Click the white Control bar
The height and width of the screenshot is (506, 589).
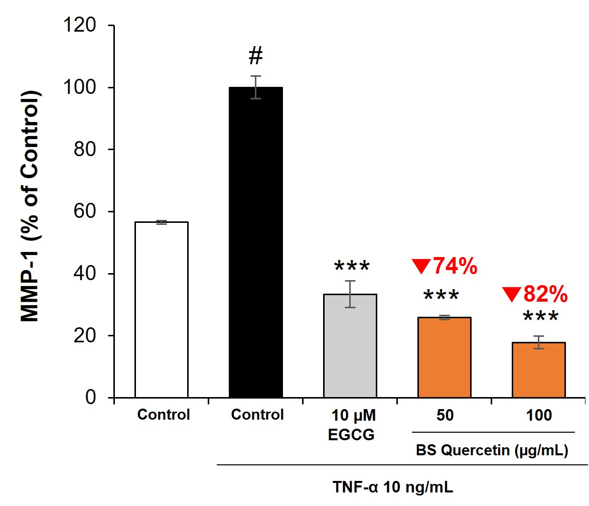point(161,309)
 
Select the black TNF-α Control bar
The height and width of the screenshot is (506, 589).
point(255,242)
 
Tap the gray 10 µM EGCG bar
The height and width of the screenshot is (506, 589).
point(350,346)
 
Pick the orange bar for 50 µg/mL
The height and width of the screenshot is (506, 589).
point(444,357)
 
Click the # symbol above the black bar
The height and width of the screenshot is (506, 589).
point(255,57)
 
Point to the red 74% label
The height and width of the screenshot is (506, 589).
point(444,266)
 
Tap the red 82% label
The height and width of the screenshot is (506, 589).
point(536,295)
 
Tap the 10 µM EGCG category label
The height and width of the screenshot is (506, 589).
point(351,425)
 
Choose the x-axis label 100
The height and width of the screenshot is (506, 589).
point(539,416)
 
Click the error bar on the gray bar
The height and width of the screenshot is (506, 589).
point(350,294)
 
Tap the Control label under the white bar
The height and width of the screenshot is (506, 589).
point(164,416)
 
